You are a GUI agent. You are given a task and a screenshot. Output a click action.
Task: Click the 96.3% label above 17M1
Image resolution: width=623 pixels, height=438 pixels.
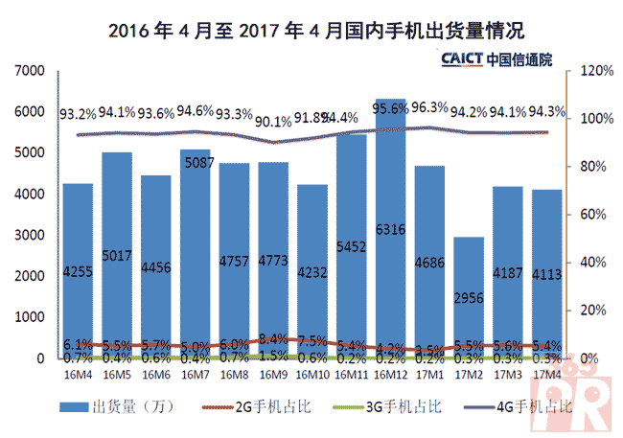[x=430, y=107]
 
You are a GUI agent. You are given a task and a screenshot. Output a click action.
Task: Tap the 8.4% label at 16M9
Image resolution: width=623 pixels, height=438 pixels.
[x=273, y=338]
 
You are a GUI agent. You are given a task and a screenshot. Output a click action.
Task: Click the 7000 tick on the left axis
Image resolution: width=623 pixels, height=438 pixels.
[x=33, y=71]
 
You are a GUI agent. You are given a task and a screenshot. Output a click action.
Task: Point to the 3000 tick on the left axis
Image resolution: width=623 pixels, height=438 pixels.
[x=33, y=235]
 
